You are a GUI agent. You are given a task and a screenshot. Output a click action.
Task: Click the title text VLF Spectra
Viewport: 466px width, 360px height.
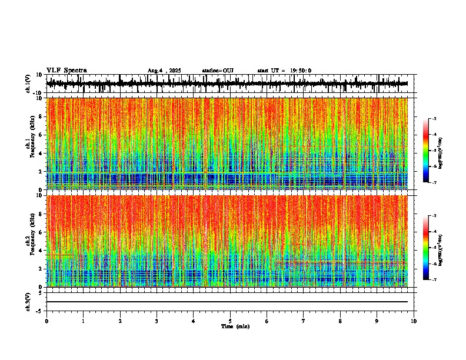tap(66, 71)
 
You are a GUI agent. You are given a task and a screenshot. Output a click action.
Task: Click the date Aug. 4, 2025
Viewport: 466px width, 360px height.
tap(164, 71)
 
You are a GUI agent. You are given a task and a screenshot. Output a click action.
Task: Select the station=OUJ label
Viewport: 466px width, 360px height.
tap(218, 71)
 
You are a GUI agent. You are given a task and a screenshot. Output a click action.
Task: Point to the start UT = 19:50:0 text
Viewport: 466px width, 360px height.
tap(284, 71)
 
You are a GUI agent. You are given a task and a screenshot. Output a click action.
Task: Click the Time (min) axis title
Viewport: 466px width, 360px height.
tap(235, 326)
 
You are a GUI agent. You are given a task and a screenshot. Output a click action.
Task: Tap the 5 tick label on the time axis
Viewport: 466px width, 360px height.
tap(230, 321)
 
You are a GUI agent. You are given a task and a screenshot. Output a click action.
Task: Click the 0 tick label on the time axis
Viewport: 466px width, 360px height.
tap(46, 321)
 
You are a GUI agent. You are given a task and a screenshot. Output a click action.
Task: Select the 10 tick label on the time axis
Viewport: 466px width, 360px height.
tap(414, 321)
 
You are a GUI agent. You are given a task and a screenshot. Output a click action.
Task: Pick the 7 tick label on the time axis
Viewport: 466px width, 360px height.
tap(304, 321)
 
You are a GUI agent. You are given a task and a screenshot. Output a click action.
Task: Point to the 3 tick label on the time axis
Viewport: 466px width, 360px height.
tap(157, 321)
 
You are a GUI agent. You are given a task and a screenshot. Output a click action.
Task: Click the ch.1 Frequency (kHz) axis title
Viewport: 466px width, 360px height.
tap(29, 144)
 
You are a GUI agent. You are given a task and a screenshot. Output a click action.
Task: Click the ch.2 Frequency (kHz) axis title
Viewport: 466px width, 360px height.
tap(29, 241)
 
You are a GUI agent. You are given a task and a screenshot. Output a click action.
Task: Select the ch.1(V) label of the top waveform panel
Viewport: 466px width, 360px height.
tap(29, 84)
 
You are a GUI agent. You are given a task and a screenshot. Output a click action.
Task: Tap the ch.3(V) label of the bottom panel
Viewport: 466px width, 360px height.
tap(29, 301)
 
